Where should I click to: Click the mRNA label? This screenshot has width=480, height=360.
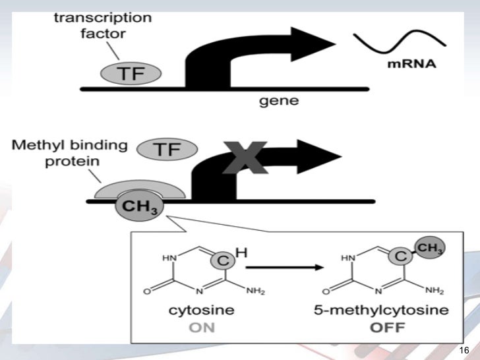[x=411, y=64]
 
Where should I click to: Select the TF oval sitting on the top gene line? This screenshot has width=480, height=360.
[x=131, y=73]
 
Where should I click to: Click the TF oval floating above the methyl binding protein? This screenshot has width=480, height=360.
[x=167, y=150]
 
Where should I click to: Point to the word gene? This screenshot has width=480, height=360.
[x=279, y=101]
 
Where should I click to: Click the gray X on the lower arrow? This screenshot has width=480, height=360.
[x=245, y=158]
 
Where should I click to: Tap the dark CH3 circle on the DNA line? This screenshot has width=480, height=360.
[x=140, y=206]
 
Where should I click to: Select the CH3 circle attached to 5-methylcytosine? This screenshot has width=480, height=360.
[x=430, y=247]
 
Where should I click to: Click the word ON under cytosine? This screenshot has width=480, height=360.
[x=202, y=328]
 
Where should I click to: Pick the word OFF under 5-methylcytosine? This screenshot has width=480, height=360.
[x=387, y=328]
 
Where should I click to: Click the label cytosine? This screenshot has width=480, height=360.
[x=202, y=310]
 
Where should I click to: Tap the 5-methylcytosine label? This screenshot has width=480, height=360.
[x=381, y=311]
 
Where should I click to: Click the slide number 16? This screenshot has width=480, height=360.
[x=464, y=350]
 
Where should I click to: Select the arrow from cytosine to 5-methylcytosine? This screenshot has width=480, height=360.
[x=285, y=268]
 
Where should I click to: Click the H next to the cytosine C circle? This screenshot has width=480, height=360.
[x=241, y=253]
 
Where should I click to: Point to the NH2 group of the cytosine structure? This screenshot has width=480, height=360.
[x=256, y=291]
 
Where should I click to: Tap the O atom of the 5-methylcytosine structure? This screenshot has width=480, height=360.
[x=326, y=291]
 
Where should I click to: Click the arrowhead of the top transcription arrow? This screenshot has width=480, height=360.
[x=313, y=44]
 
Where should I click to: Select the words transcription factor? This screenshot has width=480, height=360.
[x=103, y=26]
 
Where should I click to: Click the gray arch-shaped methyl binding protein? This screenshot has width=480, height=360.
[x=140, y=186]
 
